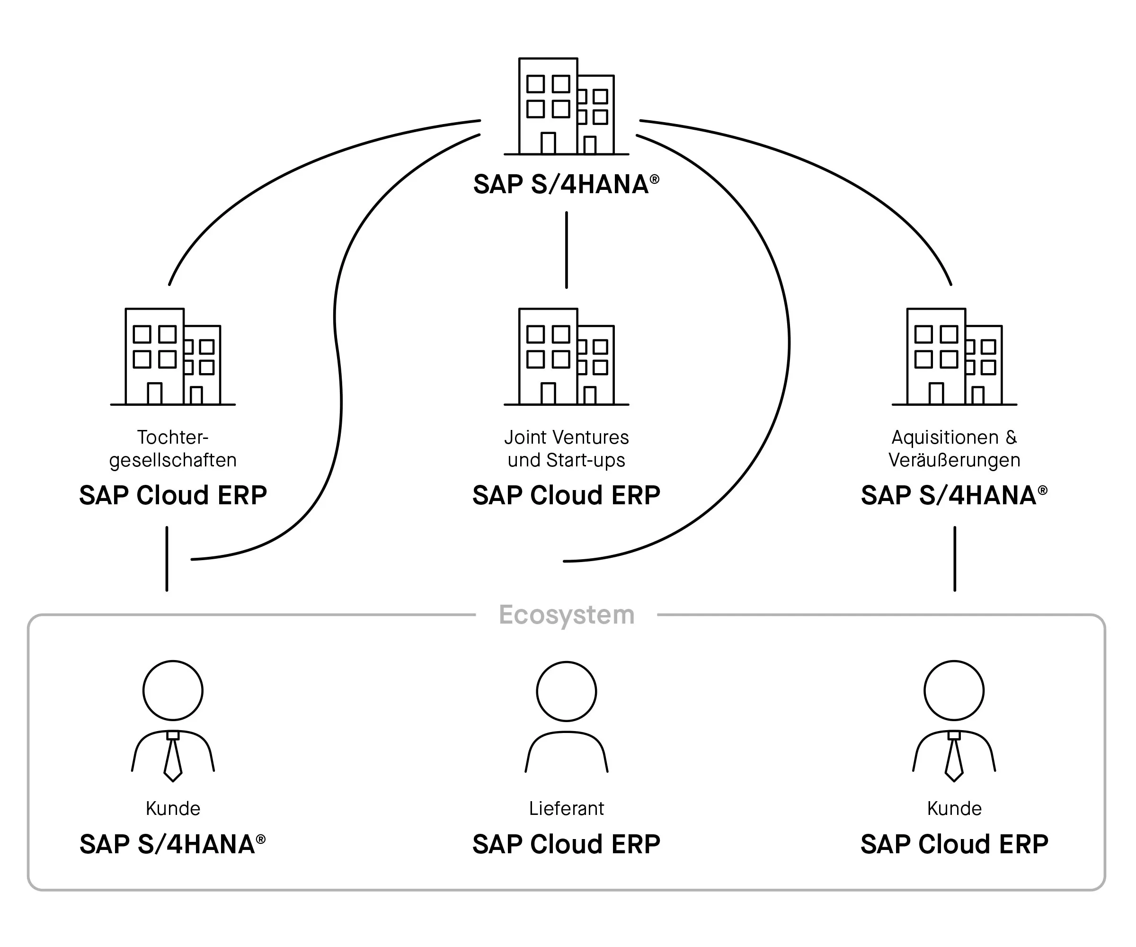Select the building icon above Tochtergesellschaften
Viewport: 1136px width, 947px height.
click(x=173, y=357)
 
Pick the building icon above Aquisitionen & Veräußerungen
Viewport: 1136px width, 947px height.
click(x=954, y=357)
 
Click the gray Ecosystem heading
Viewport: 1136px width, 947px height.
click(x=567, y=615)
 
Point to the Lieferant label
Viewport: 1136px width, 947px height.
click(x=567, y=808)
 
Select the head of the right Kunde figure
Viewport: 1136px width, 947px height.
click(x=954, y=690)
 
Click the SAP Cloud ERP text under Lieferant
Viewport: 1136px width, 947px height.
click(x=567, y=844)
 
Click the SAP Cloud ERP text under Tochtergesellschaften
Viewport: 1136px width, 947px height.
click(x=173, y=495)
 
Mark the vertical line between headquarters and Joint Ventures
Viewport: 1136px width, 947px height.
click(x=567, y=250)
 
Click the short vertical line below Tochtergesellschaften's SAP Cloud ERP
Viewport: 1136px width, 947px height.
click(x=167, y=558)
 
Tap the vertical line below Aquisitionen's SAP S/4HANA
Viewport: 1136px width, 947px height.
click(x=955, y=558)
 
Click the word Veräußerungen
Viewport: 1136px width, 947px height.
click(x=954, y=461)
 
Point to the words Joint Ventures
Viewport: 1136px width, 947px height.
click(x=567, y=437)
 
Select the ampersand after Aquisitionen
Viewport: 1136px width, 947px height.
click(x=1011, y=437)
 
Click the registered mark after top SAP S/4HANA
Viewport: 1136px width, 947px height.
click(x=655, y=179)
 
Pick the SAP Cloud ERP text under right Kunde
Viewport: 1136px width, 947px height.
click(x=954, y=844)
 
